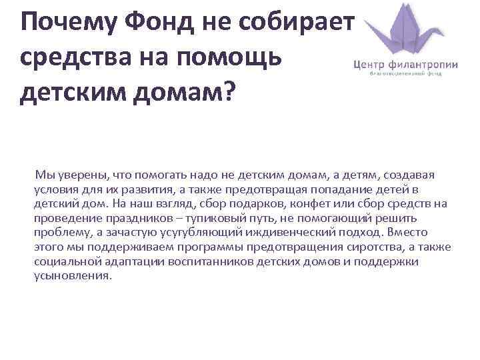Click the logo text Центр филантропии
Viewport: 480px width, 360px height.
pyautogui.click(x=405, y=65)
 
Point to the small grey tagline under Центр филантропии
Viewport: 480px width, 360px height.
pyautogui.click(x=405, y=75)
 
